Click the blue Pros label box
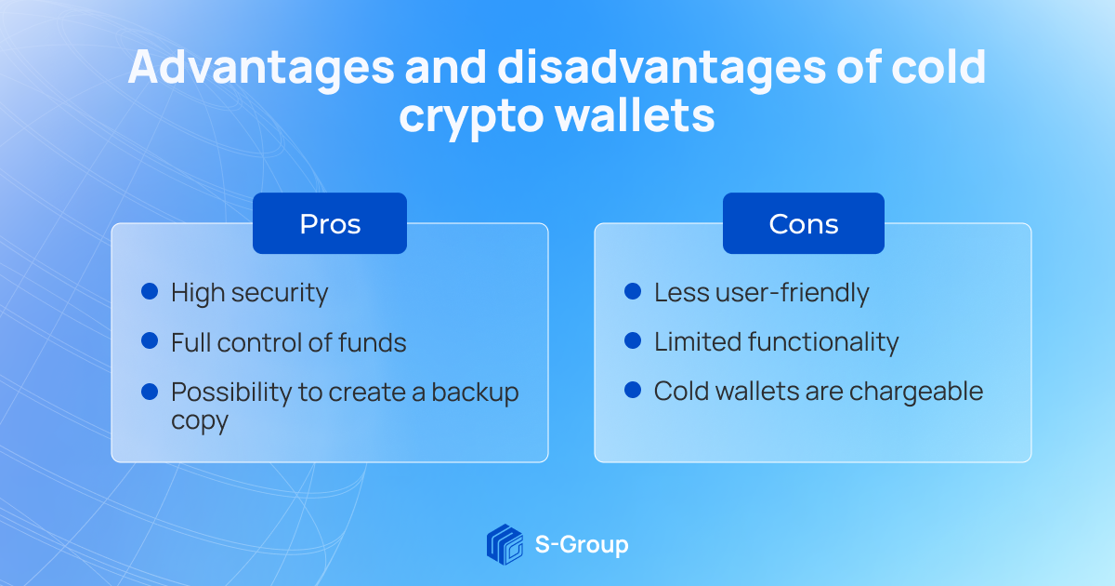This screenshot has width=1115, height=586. click(x=330, y=223)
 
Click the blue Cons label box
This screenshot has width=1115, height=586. click(x=804, y=223)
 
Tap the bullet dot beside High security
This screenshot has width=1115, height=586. click(x=150, y=291)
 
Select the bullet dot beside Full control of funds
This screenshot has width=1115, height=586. click(x=150, y=340)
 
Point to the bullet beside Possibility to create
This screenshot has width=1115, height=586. click(x=150, y=392)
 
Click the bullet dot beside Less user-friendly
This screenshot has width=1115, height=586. click(x=633, y=291)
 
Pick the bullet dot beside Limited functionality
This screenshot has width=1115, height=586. click(x=633, y=340)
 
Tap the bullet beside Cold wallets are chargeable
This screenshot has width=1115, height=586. click(x=633, y=390)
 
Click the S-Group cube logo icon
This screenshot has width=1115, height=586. click(x=505, y=544)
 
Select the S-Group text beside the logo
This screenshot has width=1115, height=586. click(x=582, y=545)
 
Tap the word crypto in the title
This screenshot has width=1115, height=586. click(x=471, y=117)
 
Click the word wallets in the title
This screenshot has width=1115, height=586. click(x=635, y=115)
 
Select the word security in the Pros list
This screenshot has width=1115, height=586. click(x=280, y=293)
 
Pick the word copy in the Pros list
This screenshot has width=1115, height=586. click(x=200, y=422)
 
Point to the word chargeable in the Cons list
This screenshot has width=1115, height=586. click(x=916, y=392)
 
